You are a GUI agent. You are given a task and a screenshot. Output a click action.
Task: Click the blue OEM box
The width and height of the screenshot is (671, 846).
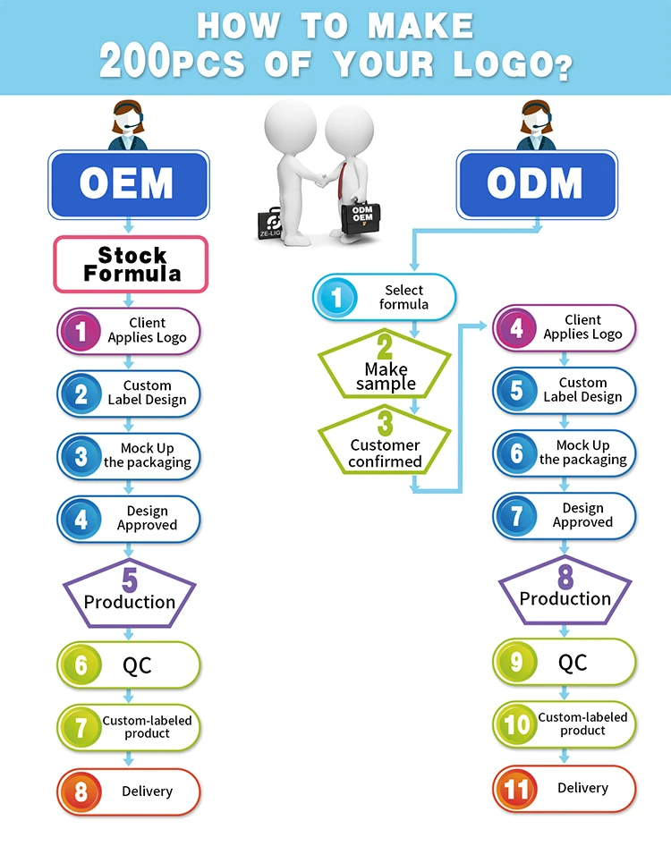tap(129, 184)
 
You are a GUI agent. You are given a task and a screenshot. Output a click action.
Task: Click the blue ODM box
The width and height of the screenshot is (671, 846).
tap(536, 184)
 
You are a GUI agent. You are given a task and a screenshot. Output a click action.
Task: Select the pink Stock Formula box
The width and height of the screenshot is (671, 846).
tap(131, 264)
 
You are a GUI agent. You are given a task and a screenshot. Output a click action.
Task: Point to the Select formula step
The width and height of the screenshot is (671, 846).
tap(384, 297)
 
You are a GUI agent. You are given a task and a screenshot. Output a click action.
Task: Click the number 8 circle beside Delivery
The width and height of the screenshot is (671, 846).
tap(81, 792)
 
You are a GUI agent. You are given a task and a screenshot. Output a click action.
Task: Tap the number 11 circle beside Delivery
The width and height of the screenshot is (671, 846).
tap(517, 789)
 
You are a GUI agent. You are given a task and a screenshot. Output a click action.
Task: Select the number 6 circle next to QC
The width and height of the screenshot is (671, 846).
tap(81, 665)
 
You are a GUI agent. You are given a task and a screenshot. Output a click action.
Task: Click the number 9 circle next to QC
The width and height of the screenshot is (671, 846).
tap(517, 663)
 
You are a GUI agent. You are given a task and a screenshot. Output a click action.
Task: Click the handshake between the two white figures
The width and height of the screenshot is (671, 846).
tap(319, 180)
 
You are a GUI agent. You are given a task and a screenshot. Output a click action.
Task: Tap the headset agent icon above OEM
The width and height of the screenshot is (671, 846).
tap(128, 124)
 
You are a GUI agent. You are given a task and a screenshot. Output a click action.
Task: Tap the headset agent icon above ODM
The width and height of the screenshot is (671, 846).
tap(536, 124)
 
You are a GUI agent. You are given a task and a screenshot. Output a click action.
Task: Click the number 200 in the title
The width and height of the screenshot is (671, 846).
tap(134, 62)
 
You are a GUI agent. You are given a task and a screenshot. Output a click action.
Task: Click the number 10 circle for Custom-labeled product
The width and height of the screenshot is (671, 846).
tap(517, 723)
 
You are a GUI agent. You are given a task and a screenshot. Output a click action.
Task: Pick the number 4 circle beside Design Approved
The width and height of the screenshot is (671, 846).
tap(81, 519)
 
